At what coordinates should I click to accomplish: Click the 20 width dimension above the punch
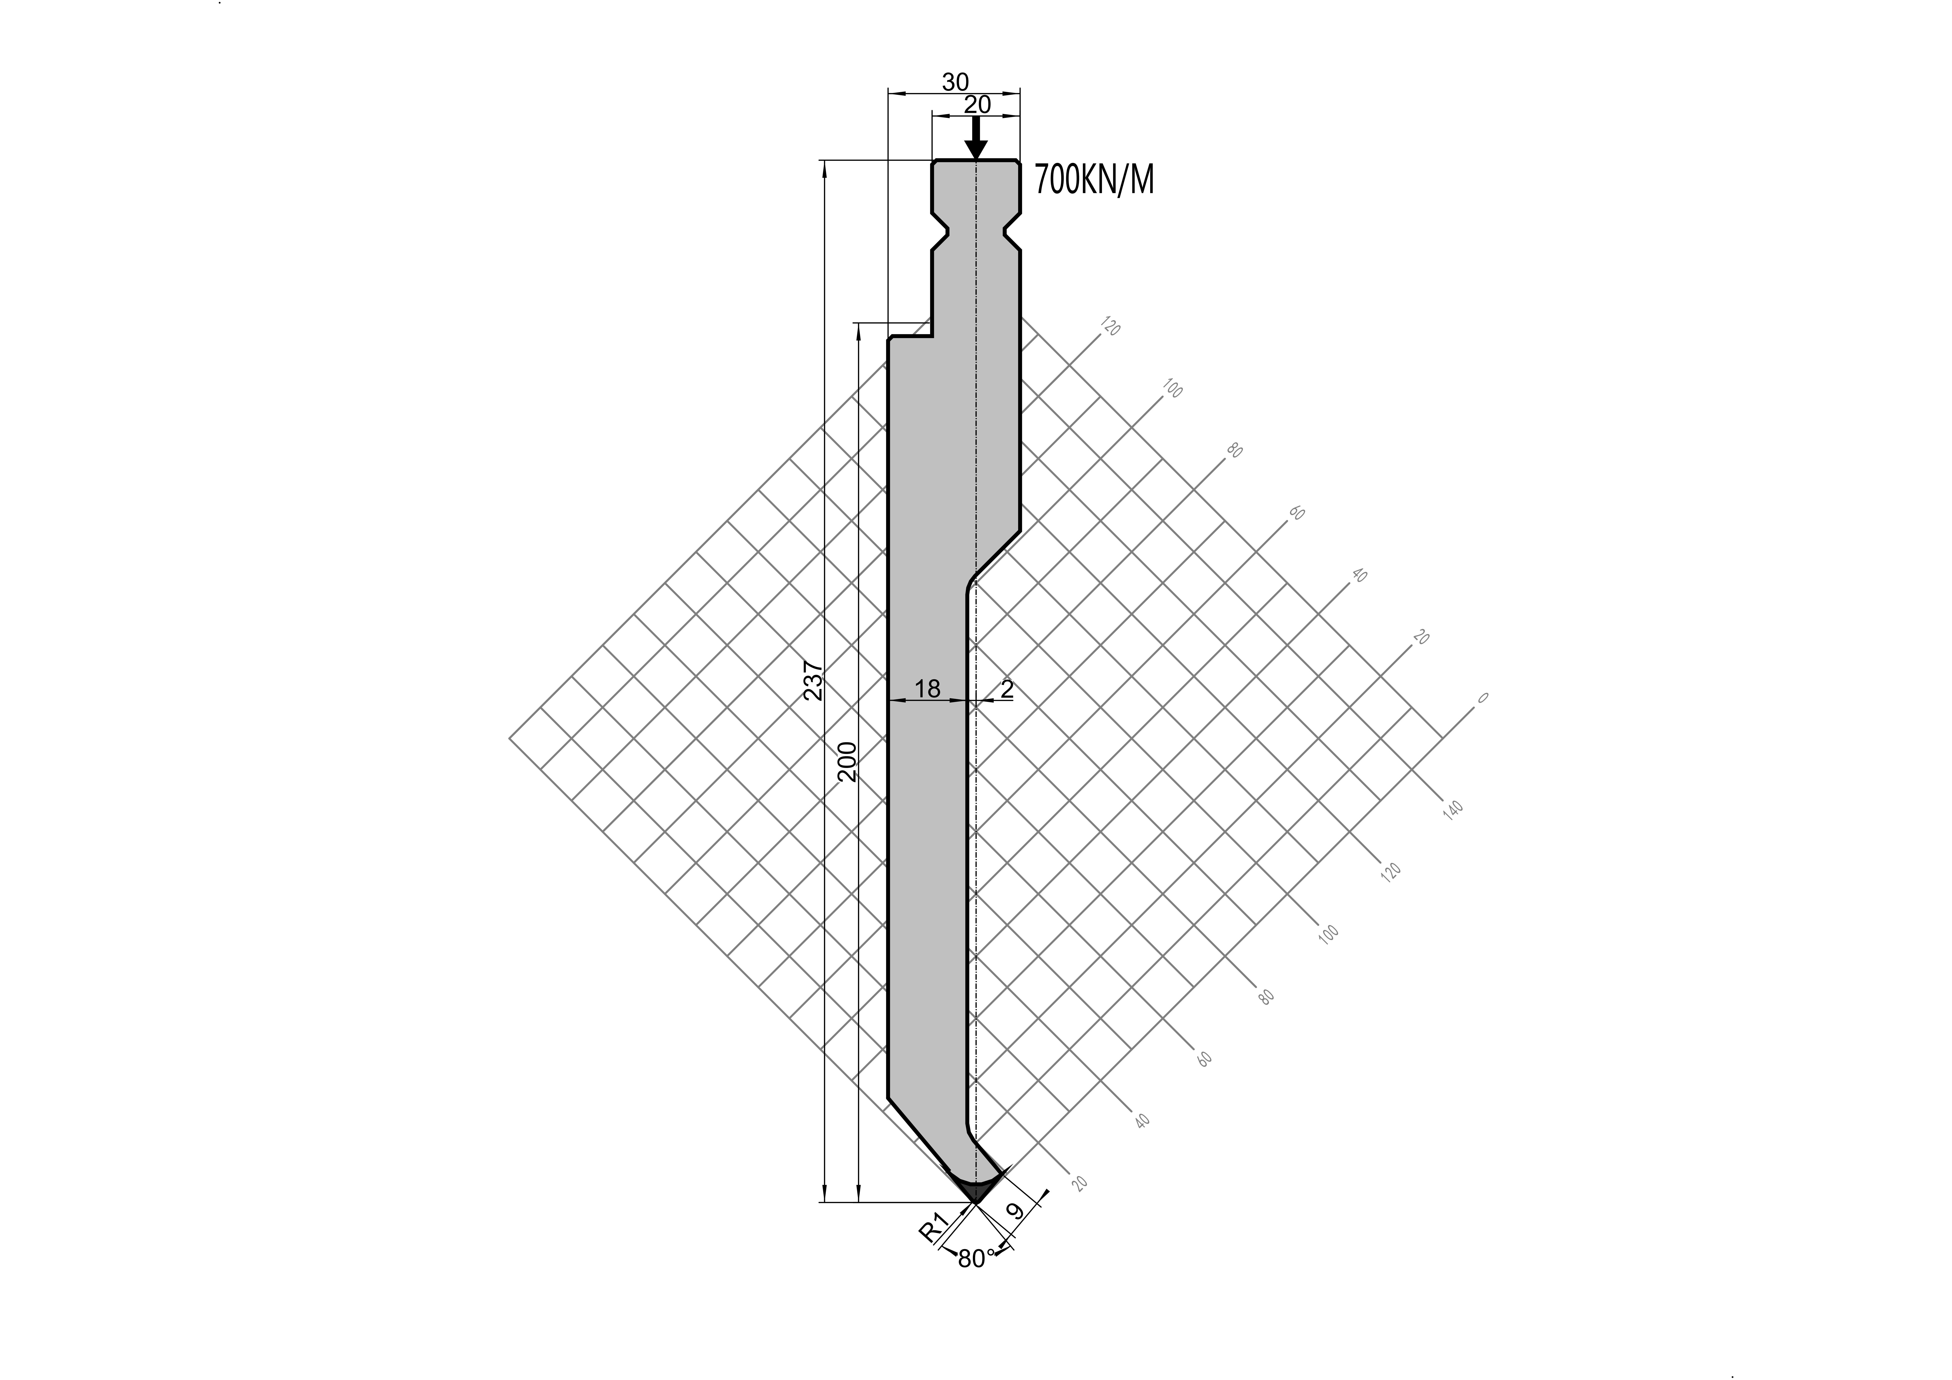tap(978, 105)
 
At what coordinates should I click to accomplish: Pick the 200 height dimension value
tap(848, 761)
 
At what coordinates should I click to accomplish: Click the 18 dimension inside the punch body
tap(928, 688)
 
